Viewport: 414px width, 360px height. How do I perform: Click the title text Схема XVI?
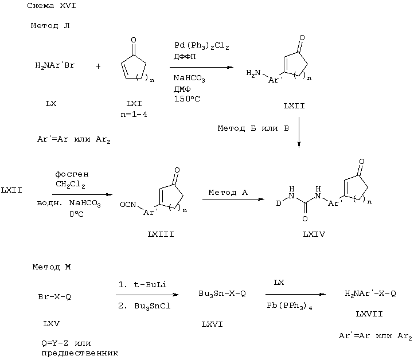point(52,6)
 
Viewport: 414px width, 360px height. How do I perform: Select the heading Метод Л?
point(50,26)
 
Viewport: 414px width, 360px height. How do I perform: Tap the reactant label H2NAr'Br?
point(55,65)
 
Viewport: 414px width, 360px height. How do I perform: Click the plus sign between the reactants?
point(98,66)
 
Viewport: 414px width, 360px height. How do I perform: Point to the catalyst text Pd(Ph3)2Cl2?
point(202,46)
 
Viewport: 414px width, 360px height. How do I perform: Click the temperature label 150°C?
point(187,99)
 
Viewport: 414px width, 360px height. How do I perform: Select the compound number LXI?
point(134,103)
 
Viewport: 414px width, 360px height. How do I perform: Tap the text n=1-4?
point(134,115)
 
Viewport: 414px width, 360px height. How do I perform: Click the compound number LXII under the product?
point(294,106)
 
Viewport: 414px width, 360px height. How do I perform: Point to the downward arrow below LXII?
point(299,132)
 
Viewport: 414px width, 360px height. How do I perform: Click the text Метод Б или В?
point(253,128)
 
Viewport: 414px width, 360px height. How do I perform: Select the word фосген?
point(72,174)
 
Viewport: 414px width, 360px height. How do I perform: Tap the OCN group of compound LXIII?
point(128,205)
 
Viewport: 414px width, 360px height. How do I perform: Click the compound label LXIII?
point(161,234)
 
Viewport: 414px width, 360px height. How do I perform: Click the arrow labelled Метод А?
point(233,199)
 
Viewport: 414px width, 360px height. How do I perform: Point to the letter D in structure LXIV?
point(279,204)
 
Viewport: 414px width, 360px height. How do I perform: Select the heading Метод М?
point(52,267)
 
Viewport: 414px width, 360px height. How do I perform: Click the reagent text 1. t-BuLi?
point(142,284)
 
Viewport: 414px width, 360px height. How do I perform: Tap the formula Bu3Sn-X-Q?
point(222,294)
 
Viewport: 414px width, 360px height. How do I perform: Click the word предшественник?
point(80,353)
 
